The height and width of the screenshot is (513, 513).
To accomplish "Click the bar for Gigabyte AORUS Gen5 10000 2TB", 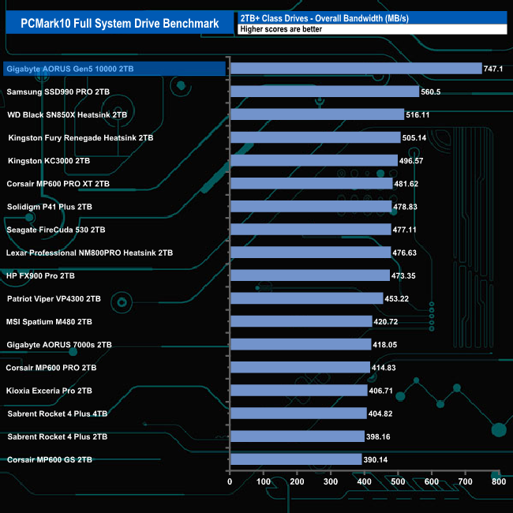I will (355, 69).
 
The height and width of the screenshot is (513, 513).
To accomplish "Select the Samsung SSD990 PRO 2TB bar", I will (324, 92).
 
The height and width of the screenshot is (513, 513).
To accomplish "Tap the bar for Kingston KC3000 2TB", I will (313, 160).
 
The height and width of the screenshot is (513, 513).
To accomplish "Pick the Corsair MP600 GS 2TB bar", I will (295, 459).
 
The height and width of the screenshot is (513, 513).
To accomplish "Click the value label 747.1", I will (493, 69).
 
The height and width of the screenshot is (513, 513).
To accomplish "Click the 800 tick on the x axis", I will (498, 481).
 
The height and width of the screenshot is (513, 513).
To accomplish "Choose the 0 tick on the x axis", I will (230, 481).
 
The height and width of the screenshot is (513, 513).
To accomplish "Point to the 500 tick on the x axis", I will (397, 481).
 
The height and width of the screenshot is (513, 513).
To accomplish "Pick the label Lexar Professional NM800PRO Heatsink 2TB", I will (89, 253).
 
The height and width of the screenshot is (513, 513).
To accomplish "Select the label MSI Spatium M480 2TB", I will (49, 321).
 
